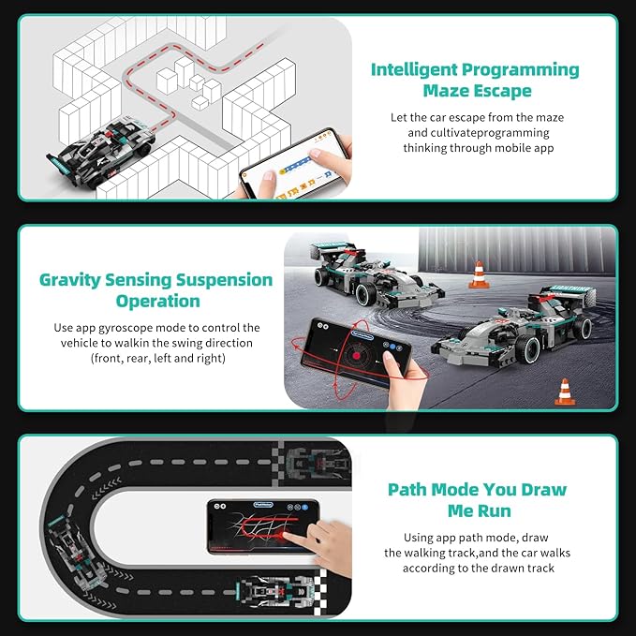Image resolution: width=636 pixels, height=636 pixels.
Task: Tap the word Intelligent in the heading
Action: coord(414,70)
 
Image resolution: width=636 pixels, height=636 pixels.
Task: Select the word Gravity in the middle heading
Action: coord(69,281)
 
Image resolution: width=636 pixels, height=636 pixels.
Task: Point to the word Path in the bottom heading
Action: coord(407,490)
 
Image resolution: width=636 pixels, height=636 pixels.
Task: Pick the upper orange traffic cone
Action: coord(479,274)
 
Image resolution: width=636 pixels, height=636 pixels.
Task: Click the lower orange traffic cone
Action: coord(565,392)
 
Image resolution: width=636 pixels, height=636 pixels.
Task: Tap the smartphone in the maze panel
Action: coord(294,164)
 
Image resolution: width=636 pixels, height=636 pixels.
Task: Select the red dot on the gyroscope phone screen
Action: coord(356,356)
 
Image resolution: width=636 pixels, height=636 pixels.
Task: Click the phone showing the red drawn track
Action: coord(263,527)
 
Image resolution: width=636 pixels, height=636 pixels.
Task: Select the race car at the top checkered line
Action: coord(318,463)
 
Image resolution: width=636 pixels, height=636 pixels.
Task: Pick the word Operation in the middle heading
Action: coord(157,302)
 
